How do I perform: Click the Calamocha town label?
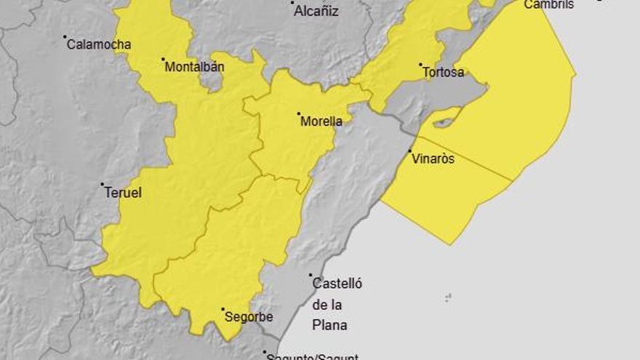tap(99, 44)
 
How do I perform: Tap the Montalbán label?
tap(194, 68)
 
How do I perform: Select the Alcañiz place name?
tap(316, 11)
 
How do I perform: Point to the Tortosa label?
tap(443, 72)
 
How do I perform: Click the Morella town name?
tap(321, 121)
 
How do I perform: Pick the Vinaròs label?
tap(433, 159)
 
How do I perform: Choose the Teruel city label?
tap(123, 193)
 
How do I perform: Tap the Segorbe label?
tap(249, 317)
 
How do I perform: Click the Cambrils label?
tap(549, 4)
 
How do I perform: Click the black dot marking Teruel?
tap(103, 184)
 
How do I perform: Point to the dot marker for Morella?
tap(299, 113)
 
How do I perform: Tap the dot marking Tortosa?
tap(420, 65)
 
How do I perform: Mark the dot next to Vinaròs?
tap(410, 151)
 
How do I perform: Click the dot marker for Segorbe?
tap(223, 309)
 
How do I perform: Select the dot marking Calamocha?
tap(65, 36)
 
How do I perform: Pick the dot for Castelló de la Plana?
tap(311, 276)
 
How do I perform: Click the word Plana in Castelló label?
tap(329, 325)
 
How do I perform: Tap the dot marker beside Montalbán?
tap(163, 60)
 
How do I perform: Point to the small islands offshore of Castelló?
tap(448, 297)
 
